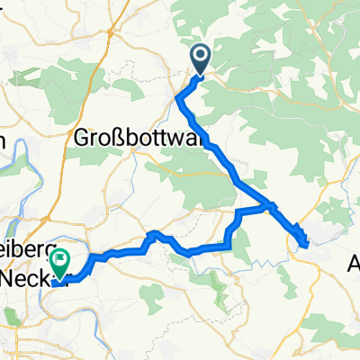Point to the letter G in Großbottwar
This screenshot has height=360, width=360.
pyautogui.click(x=79, y=139)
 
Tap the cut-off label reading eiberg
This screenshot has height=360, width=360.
pyautogui.click(x=27, y=257)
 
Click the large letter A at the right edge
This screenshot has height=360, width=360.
pyautogui.click(x=354, y=265)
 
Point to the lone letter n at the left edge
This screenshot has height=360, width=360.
pyautogui.click(x=3, y=139)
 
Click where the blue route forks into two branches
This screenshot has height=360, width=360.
pyautogui.click(x=268, y=207)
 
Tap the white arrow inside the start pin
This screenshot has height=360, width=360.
pyautogui.click(x=199, y=58)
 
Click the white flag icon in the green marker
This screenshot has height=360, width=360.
pyautogui.click(x=60, y=262)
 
